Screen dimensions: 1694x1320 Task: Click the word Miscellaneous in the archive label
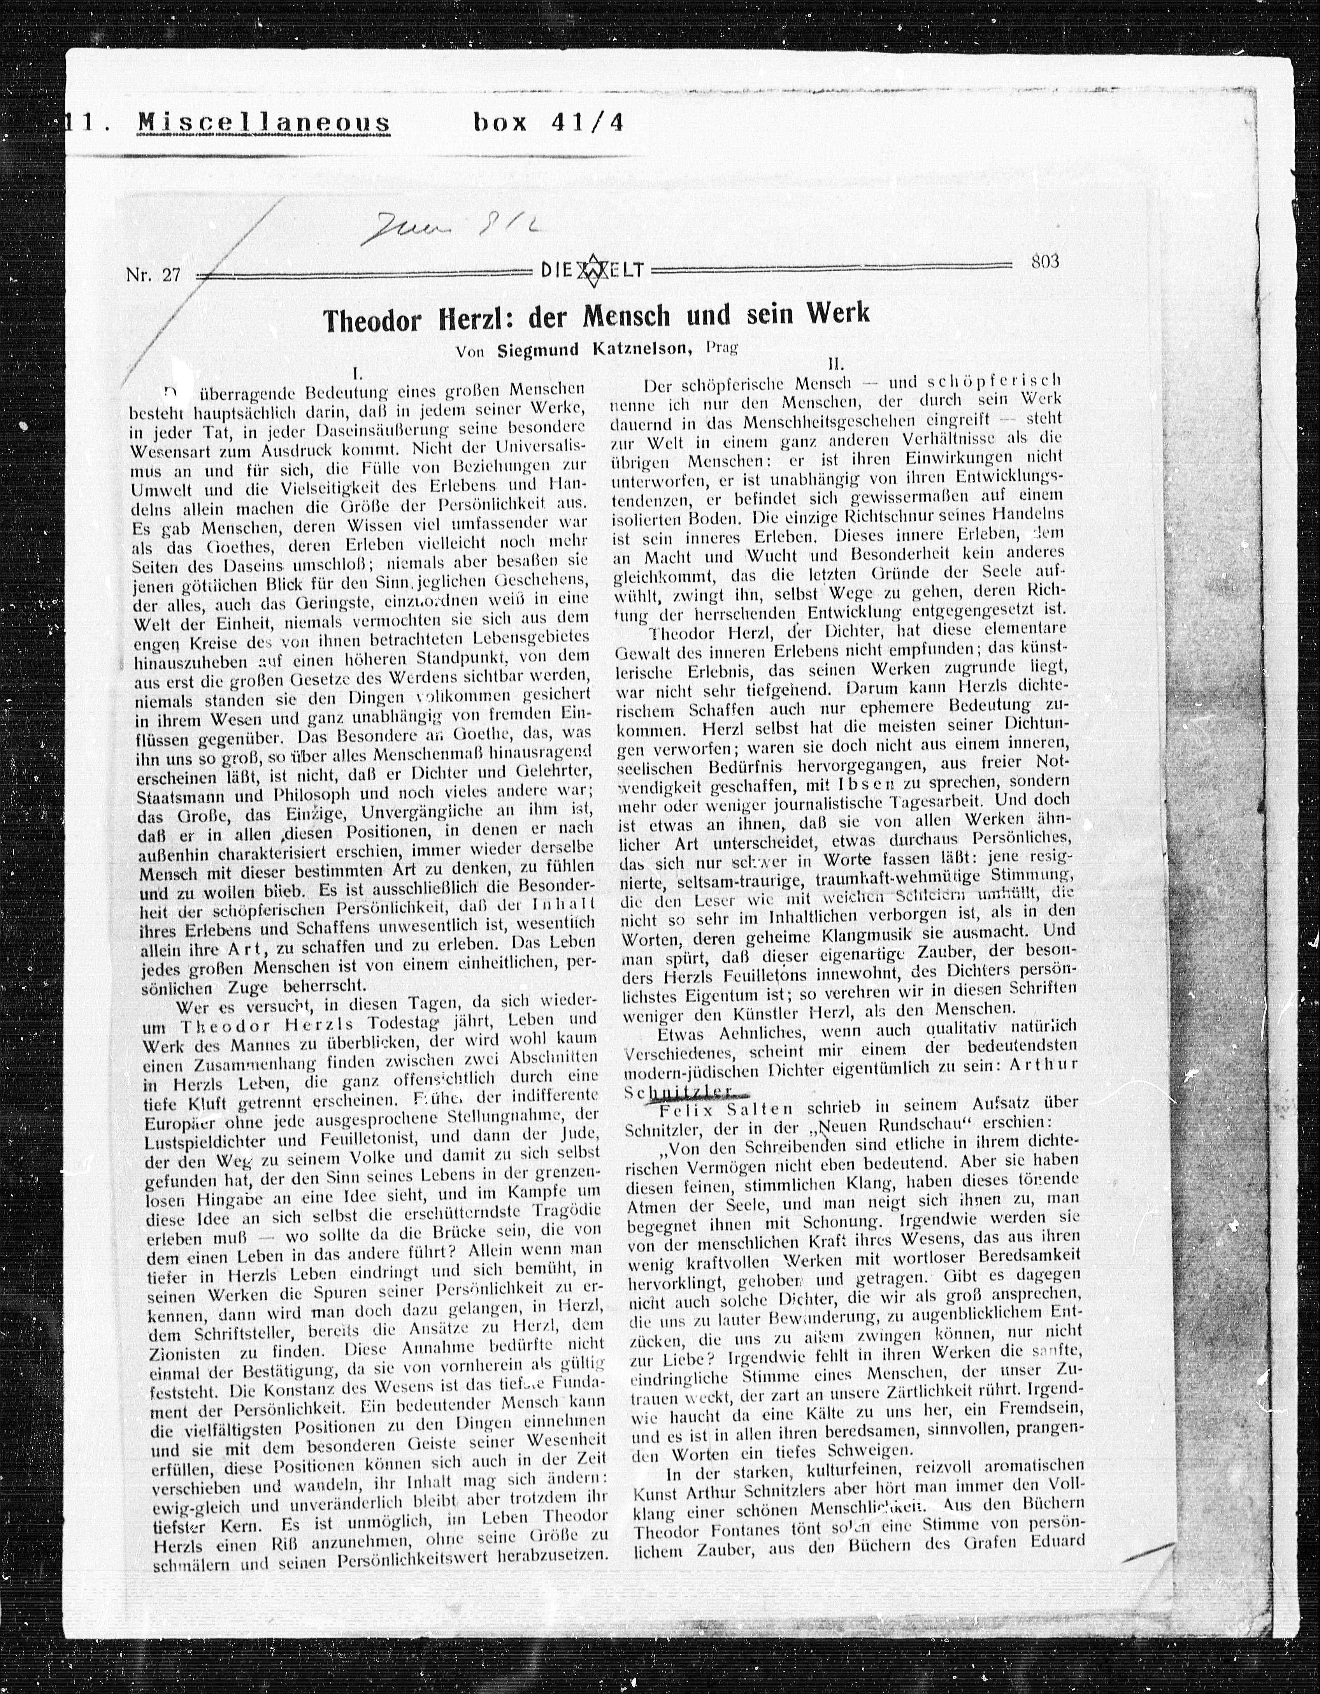point(264,123)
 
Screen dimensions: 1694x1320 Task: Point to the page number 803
point(1045,262)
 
